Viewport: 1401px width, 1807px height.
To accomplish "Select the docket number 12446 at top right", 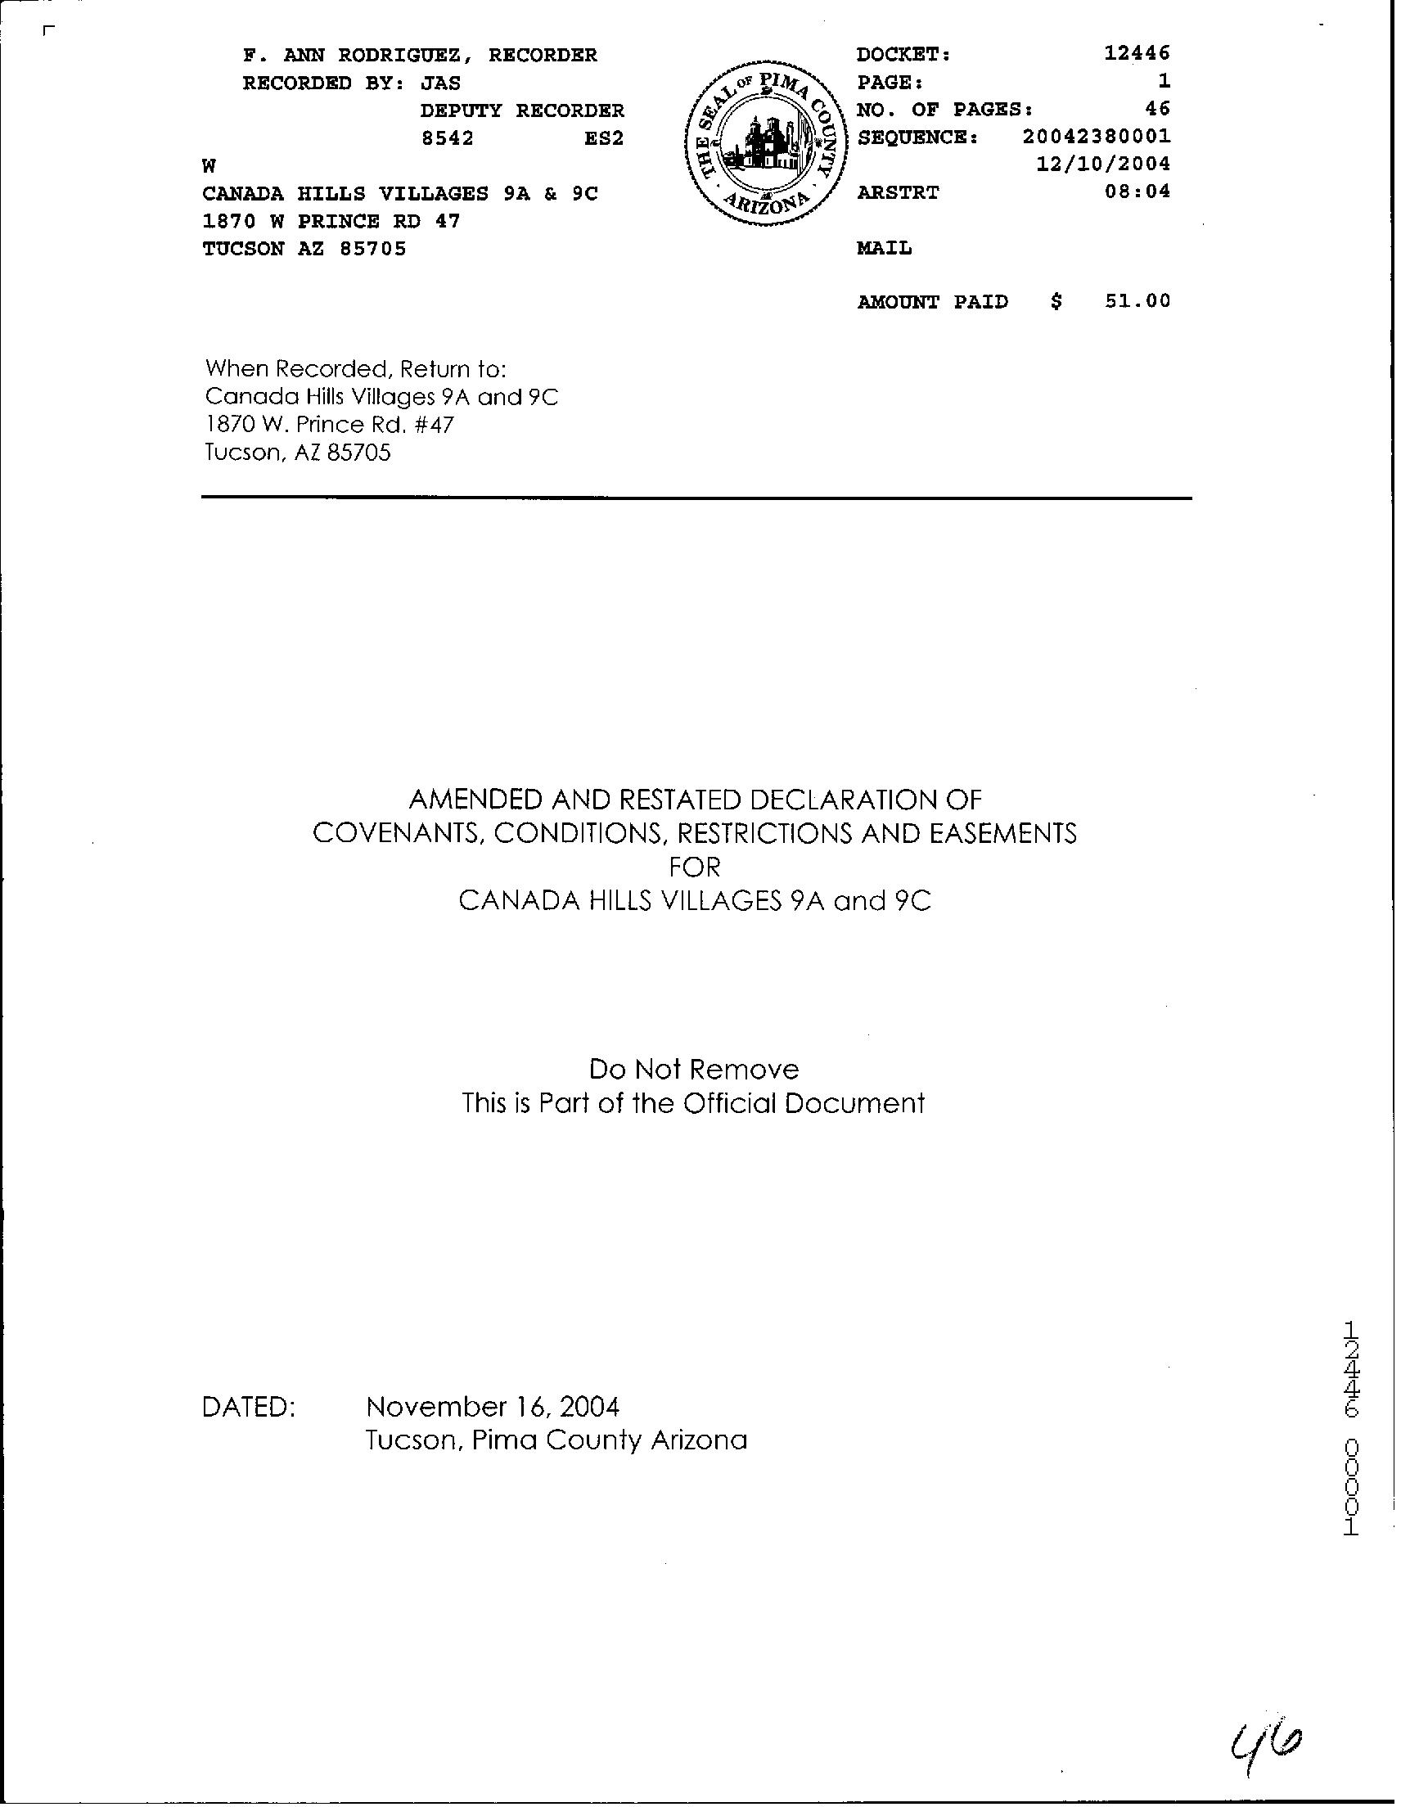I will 1137,54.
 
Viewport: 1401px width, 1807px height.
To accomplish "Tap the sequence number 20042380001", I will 1096,137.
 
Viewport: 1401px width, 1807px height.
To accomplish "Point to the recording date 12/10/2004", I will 1103,164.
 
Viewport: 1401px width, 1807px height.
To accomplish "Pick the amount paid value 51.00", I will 1137,301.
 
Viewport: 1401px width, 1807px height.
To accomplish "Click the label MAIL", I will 885,248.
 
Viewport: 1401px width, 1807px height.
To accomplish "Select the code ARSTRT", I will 898,193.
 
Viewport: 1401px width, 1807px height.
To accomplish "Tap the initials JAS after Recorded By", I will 441,83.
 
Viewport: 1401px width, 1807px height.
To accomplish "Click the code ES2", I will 603,138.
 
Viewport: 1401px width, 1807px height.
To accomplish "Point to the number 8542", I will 448,138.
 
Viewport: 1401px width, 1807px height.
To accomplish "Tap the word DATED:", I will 249,1407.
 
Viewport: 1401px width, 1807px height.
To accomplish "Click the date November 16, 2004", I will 493,1406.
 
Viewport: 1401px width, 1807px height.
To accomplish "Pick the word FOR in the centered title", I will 694,867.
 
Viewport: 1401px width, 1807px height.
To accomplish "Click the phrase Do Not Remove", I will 693,1070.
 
